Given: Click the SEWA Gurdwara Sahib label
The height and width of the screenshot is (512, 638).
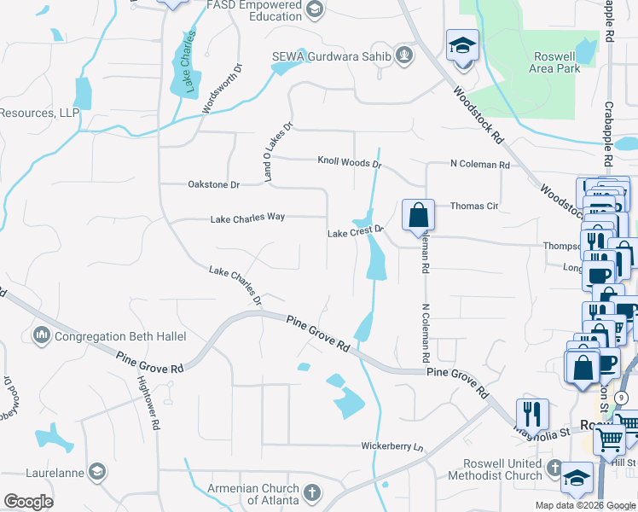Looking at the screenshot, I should pyautogui.click(x=331, y=57).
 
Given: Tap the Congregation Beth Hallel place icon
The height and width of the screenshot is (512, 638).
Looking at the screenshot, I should pyautogui.click(x=42, y=336).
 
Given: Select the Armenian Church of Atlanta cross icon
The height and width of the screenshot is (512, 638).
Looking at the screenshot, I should pyautogui.click(x=312, y=493).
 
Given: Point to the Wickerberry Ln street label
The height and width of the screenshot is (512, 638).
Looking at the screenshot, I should pyautogui.click(x=392, y=446).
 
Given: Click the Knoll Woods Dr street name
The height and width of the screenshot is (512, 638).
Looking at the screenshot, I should pyautogui.click(x=349, y=160).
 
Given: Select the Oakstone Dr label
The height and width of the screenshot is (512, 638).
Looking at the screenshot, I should pyautogui.click(x=213, y=183).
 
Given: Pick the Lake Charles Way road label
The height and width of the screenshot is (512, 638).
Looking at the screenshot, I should pyautogui.click(x=247, y=218).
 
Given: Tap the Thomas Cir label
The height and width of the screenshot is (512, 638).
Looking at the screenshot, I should pyautogui.click(x=473, y=206).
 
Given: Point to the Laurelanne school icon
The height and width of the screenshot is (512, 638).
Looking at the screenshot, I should pyautogui.click(x=97, y=471).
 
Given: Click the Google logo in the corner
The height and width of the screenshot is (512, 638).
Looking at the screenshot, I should pyautogui.click(x=28, y=502).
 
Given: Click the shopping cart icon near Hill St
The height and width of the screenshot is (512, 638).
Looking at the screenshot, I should pyautogui.click(x=610, y=441).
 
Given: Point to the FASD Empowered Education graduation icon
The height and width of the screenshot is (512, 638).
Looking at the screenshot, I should pyautogui.click(x=314, y=10).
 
